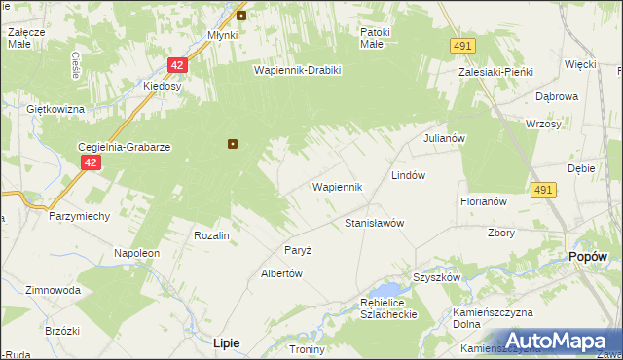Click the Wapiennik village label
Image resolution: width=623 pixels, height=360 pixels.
(x=337, y=186)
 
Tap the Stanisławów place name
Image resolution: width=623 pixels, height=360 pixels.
(x=375, y=223)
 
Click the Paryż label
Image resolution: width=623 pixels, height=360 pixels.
(x=298, y=250)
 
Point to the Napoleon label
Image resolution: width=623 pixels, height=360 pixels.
(x=136, y=253)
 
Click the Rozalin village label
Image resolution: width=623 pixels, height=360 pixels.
(x=211, y=235)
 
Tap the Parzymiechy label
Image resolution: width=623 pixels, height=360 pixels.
(x=79, y=216)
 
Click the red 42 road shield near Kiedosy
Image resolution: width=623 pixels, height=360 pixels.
(x=176, y=65)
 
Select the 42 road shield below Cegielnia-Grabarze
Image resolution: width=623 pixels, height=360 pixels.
(x=90, y=163)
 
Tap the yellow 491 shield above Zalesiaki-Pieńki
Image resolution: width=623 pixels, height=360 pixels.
(x=462, y=45)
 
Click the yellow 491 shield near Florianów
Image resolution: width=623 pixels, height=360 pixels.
(x=544, y=190)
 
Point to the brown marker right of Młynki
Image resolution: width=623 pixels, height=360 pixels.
(x=241, y=15)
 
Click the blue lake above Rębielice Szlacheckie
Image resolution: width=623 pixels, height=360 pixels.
(x=389, y=290)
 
